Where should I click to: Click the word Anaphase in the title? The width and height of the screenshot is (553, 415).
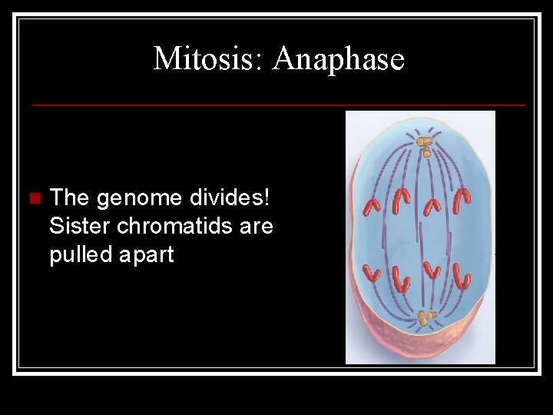click(338, 59)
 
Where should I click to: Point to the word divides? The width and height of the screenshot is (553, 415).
click(236, 198)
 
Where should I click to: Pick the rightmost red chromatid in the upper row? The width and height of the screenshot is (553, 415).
click(461, 200)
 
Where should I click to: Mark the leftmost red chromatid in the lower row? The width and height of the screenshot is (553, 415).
click(372, 273)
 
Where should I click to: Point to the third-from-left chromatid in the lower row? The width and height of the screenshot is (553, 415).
click(431, 271)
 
